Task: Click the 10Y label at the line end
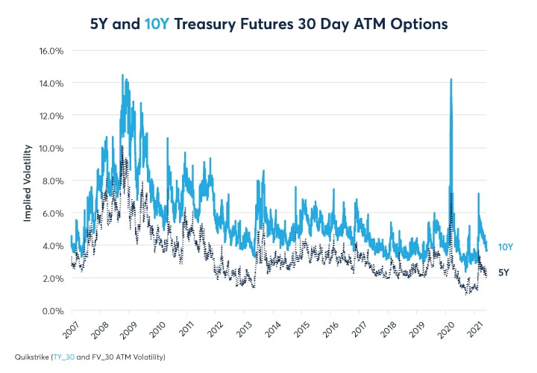pyautogui.click(x=505, y=247)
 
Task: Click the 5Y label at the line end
pyautogui.click(x=503, y=273)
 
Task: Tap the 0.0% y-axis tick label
pyautogui.click(x=51, y=311)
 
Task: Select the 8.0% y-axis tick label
pyautogui.click(x=51, y=181)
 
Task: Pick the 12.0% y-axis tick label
pyautogui.click(x=50, y=116)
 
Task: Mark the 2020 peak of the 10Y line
pyautogui.click(x=451, y=79)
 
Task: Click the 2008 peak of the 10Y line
pyautogui.click(x=122, y=75)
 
